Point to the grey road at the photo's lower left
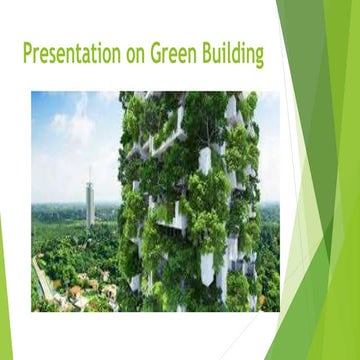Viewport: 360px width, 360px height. pyautogui.click(x=42, y=280)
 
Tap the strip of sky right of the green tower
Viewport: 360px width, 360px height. pyautogui.click(x=270, y=150)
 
